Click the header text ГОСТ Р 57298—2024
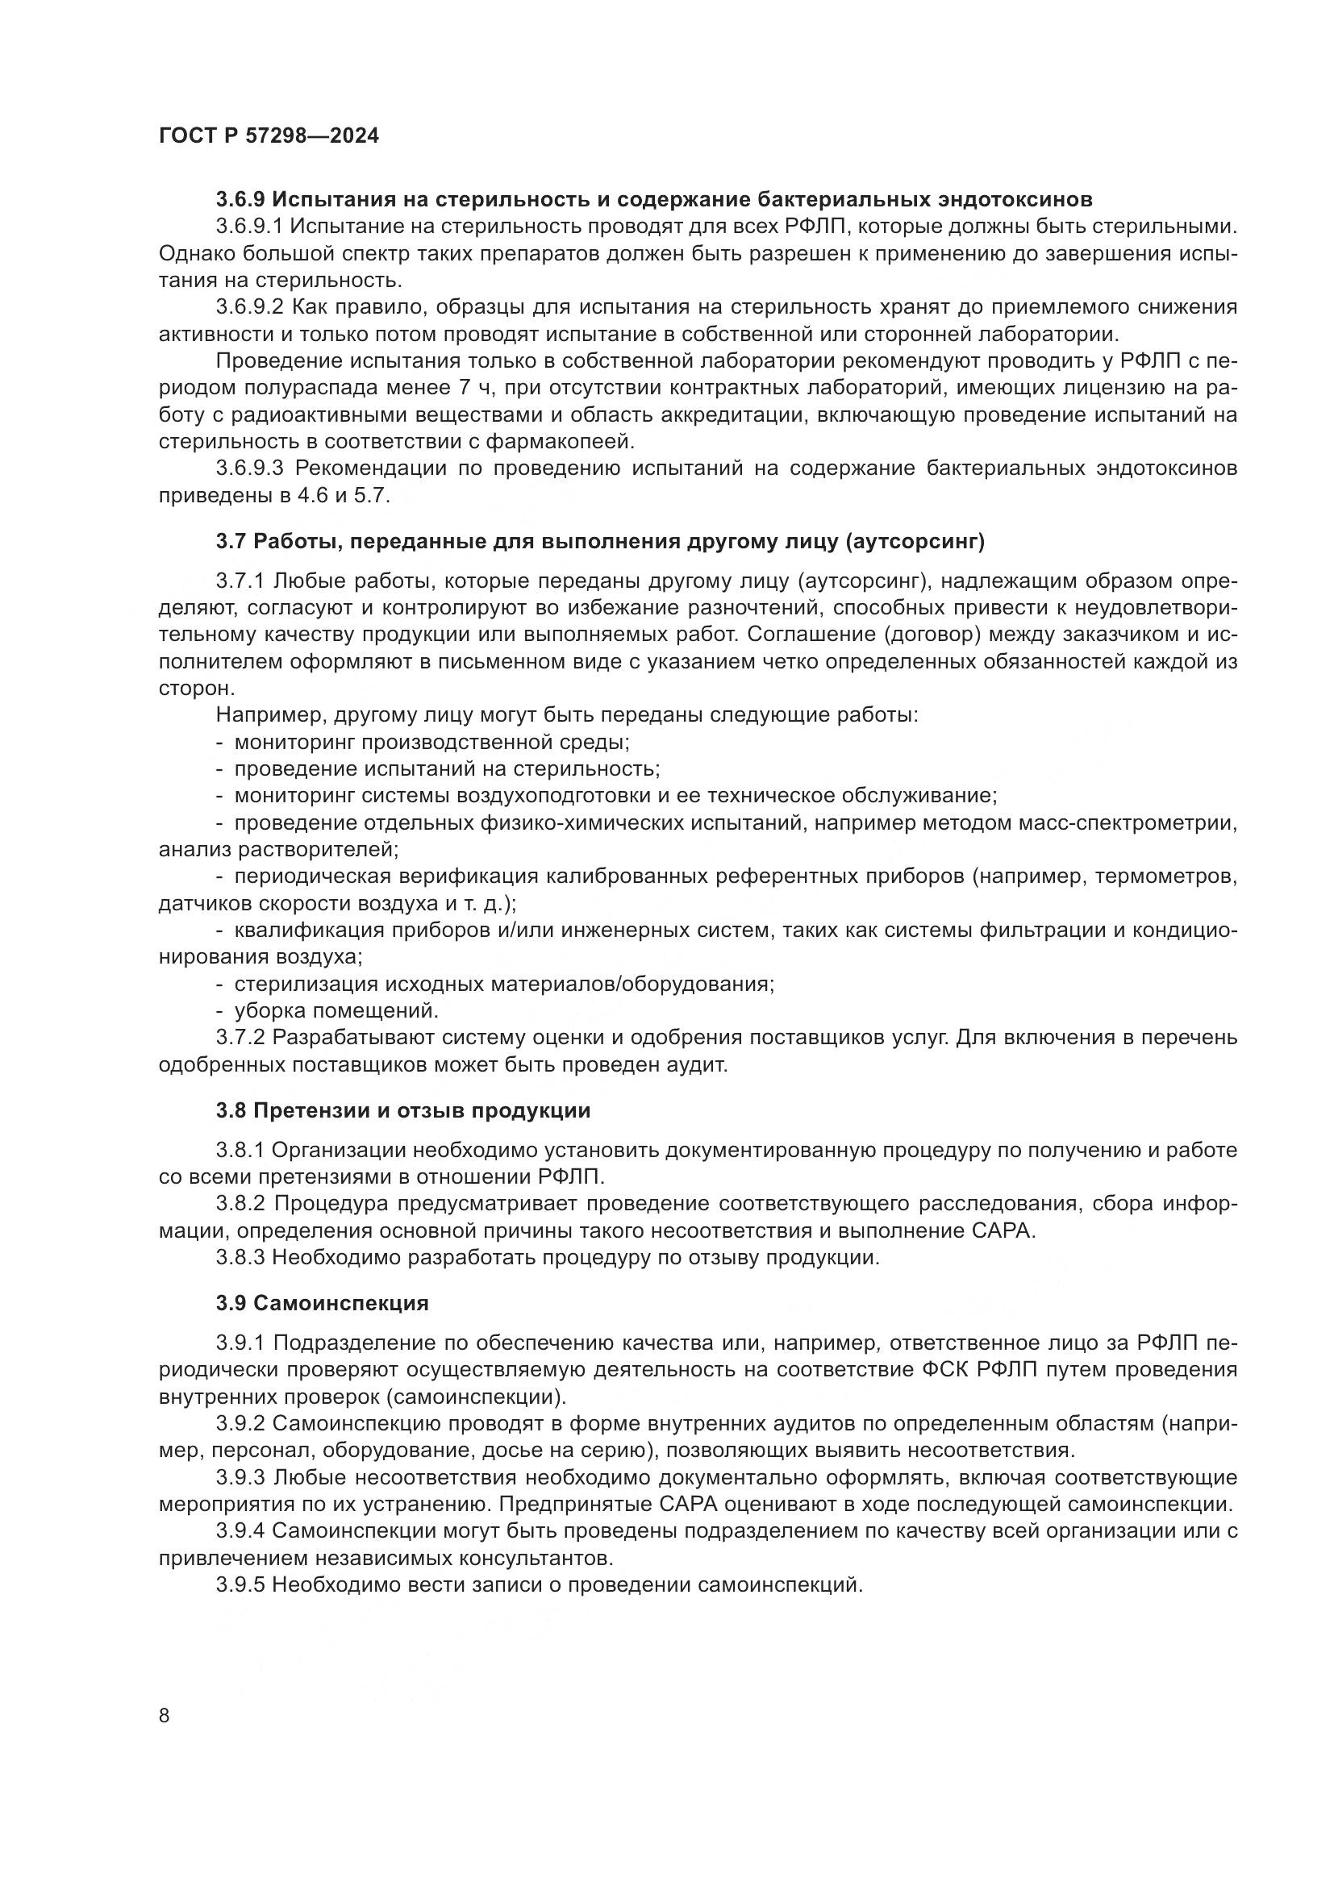[x=269, y=136]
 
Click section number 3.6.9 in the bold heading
[x=240, y=199]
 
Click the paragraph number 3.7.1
[x=240, y=581]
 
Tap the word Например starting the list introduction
[x=262, y=714]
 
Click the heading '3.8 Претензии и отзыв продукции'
[x=403, y=1110]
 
